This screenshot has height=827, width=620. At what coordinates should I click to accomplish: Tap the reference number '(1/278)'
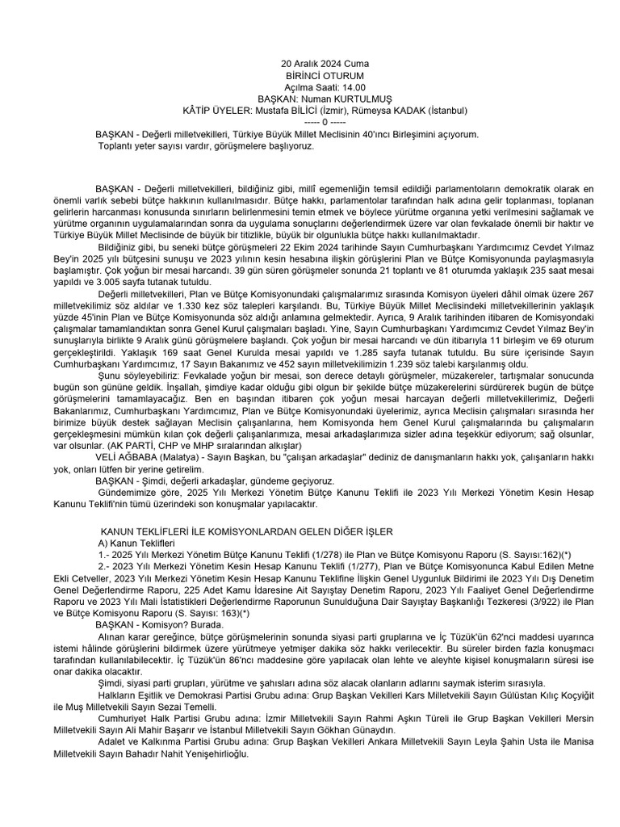point(324,555)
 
